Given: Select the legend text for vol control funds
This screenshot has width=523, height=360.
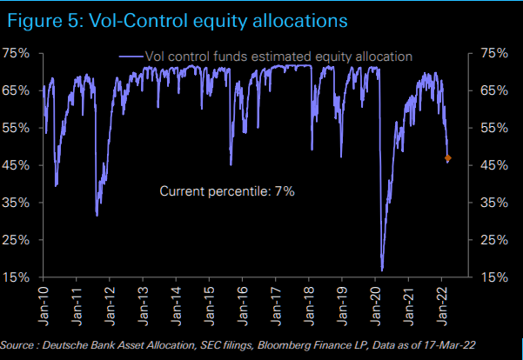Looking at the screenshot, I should click(279, 57).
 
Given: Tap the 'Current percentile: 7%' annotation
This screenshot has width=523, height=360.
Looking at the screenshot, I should click(227, 190).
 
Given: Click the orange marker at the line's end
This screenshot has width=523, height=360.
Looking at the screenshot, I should click(448, 158).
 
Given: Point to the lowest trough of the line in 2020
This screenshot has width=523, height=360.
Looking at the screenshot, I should click(382, 270).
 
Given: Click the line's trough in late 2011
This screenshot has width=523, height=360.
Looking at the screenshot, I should click(97, 215).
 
